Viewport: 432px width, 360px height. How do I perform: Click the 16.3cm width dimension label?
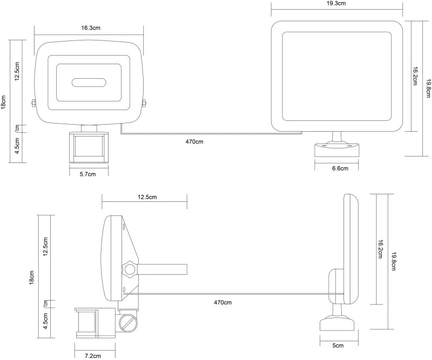point(91,28)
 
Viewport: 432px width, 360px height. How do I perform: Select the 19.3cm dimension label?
point(336,3)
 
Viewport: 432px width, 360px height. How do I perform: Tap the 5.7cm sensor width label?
point(87,174)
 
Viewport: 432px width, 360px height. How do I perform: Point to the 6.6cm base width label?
point(340,168)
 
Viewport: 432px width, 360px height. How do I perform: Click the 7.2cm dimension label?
point(92,356)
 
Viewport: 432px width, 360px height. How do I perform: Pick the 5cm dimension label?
point(338,345)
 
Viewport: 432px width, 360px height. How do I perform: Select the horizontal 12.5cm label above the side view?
point(147,197)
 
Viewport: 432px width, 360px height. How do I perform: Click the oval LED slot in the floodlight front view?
point(89,83)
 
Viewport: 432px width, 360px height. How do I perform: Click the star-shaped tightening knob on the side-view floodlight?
point(130,269)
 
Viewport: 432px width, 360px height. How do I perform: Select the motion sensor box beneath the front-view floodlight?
point(89,147)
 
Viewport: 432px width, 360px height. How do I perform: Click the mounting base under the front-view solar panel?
point(336,150)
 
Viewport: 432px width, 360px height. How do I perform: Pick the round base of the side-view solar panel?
point(336,324)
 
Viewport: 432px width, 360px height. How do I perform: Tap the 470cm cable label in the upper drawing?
point(194,141)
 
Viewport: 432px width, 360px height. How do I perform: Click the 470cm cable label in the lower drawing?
point(222,302)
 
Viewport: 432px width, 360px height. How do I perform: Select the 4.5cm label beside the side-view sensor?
point(45,321)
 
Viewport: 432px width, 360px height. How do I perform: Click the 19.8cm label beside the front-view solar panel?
point(428,88)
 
